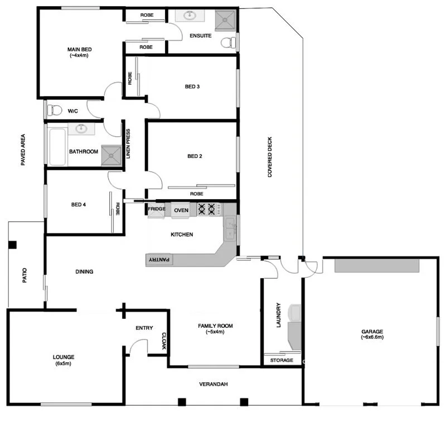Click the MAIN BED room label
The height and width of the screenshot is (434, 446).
coord(79,50)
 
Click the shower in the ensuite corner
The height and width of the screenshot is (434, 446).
coord(226,21)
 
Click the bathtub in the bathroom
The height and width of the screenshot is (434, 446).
coord(57,147)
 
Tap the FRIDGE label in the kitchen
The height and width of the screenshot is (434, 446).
coord(156,210)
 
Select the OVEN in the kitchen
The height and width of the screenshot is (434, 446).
coord(181,210)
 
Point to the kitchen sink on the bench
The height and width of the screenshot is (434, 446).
coord(230,228)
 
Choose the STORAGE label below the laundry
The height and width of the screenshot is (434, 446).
coord(282,361)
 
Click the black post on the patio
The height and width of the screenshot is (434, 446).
coord(13,244)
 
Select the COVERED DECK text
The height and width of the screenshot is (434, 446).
coord(270,157)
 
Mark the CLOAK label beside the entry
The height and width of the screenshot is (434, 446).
coord(164,341)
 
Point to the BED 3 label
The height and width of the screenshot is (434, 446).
coord(192,86)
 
